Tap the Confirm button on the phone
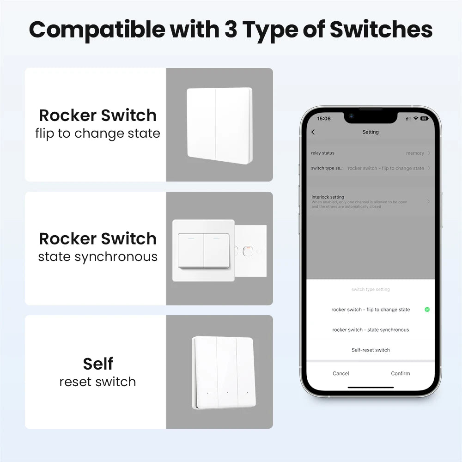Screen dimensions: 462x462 (x=400, y=373)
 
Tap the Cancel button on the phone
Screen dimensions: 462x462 (x=341, y=373)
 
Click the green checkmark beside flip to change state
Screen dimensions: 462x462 (x=427, y=310)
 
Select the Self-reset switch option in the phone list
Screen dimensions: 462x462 (x=371, y=350)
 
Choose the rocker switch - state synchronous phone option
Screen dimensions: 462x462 (x=371, y=330)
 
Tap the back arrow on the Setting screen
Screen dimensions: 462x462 (x=313, y=132)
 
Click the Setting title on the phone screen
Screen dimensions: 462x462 (x=371, y=132)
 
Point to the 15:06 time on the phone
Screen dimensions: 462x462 (x=324, y=119)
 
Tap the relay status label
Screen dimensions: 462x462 (x=323, y=153)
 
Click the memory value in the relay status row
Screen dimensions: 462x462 (x=415, y=153)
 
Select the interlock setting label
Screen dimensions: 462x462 (x=328, y=197)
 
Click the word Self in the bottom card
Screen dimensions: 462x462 (x=98, y=364)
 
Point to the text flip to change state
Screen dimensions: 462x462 (x=98, y=134)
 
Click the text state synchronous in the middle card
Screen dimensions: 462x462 (x=98, y=257)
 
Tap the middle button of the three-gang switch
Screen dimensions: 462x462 (x=227, y=372)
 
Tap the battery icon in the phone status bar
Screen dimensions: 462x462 (x=424, y=119)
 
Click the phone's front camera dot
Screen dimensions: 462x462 (x=351, y=115)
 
